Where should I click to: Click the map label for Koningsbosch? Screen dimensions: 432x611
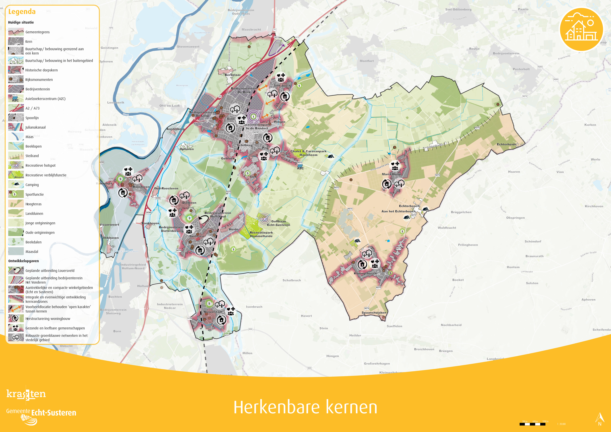[x=365, y=273]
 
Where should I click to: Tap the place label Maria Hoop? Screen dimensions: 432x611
[x=391, y=174]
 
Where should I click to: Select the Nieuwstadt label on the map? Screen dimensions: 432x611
[x=213, y=312]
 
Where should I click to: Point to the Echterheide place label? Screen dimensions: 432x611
[x=506, y=144]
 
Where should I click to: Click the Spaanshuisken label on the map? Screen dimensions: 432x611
[x=374, y=313]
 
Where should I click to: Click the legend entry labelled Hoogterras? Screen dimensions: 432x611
[x=34, y=204]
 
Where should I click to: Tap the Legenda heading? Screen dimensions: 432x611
[x=22, y=12]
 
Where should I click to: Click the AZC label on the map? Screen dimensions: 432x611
[x=300, y=168]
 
